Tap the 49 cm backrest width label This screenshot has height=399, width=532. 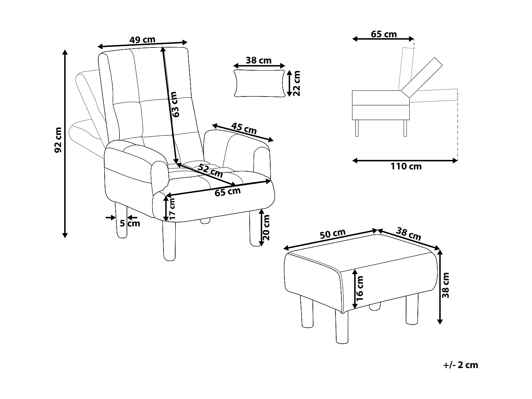click(142, 39)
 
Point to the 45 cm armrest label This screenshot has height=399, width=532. click(244, 128)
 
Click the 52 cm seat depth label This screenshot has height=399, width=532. click(210, 171)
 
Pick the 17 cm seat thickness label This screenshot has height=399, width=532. click(172, 209)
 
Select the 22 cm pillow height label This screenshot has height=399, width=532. click(297, 83)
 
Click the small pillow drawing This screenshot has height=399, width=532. click(259, 83)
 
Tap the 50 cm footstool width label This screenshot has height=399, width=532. click(332, 234)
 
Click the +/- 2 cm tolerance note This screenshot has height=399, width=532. click(460, 365)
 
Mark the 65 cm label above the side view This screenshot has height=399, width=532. click(384, 34)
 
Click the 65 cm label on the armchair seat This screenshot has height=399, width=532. click(227, 192)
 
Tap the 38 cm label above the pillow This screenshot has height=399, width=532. click(259, 60)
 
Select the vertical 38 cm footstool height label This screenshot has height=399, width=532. click(446, 285)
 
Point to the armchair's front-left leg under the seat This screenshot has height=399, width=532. click(169, 241)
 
